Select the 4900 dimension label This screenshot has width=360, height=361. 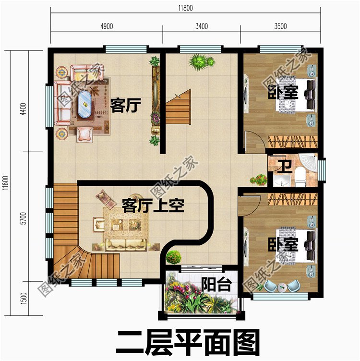click(106, 26)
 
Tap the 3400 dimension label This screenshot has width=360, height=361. click(202, 26)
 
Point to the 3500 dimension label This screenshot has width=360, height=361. click(280, 26)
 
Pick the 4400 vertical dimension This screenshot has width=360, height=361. click(22, 116)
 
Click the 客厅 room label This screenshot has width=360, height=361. click(125, 105)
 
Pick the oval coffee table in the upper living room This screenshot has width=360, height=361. click(85, 101)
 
